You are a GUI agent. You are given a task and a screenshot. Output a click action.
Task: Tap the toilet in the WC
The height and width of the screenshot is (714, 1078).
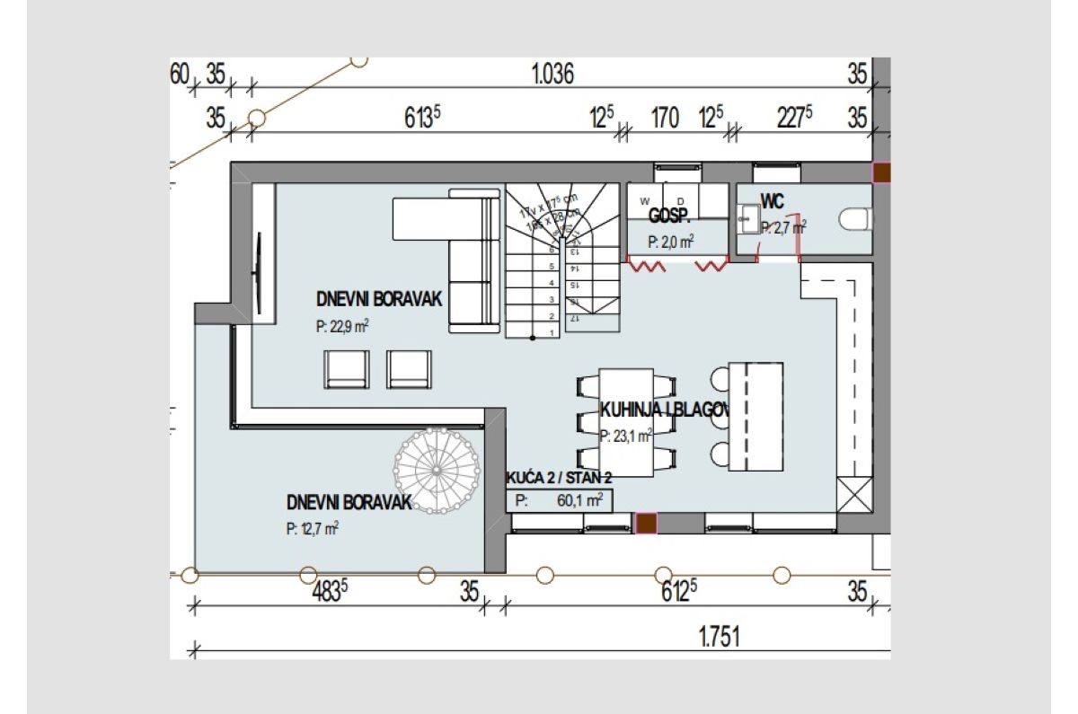coord(853,218)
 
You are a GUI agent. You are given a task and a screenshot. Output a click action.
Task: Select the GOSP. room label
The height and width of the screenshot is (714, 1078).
coord(668,216)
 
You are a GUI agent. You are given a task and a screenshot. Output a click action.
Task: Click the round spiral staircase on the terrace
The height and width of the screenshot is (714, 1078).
coord(437,469)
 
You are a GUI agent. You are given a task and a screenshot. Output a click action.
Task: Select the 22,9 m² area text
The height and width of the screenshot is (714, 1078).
coord(342,328)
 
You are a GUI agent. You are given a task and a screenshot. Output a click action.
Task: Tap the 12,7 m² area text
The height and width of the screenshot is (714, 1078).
coord(313,529)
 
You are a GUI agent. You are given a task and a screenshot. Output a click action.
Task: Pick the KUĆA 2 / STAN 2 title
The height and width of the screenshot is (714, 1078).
coord(560,479)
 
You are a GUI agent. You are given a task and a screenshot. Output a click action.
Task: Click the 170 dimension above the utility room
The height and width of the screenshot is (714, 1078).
coord(664,119)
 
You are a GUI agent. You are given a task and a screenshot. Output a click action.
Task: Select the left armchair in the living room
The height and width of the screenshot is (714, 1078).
coord(348,368)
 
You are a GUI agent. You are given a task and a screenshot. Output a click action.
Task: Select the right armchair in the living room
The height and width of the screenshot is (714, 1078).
coord(409,368)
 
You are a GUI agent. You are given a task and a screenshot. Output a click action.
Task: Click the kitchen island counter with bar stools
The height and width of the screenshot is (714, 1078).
coord(755,416)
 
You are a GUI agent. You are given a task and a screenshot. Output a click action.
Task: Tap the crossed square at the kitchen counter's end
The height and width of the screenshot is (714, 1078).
coord(853,493)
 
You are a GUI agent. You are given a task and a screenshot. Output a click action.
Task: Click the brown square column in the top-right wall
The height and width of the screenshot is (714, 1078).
coord(882,172)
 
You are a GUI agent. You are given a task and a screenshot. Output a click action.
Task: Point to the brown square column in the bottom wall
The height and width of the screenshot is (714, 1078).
coord(646,524)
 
